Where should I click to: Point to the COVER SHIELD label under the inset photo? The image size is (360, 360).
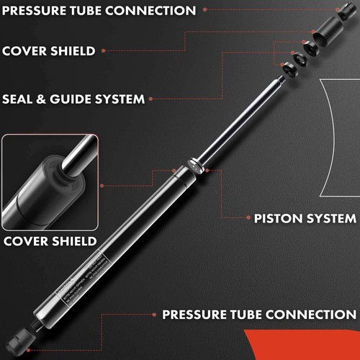coord(48,241)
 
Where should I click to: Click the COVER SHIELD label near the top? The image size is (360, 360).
coord(48,51)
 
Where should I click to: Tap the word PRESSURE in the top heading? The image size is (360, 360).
coord(38,11)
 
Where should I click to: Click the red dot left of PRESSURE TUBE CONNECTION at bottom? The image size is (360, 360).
coord(153,315)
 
